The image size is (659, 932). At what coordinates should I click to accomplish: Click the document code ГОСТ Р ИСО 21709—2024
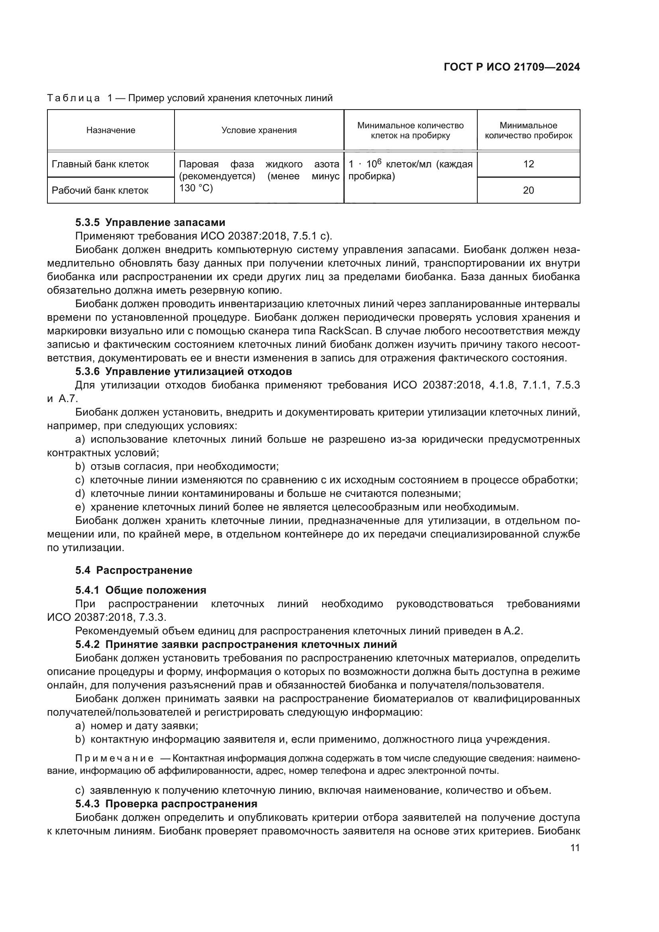coord(512,67)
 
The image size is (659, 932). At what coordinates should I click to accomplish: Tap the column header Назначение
coord(110,130)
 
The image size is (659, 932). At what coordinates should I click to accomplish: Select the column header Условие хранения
coord(259,130)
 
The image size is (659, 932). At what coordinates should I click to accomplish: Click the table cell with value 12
coord(528,164)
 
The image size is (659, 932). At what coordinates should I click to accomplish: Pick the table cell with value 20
coord(528,190)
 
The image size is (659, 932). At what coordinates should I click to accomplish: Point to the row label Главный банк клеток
coord(100,164)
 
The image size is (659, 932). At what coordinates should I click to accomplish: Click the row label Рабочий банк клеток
coord(100,190)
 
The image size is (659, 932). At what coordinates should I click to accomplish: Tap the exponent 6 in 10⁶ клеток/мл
coord(380,161)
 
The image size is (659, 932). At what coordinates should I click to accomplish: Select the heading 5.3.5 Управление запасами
coord(150,222)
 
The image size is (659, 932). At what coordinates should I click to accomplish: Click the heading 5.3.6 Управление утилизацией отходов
coord(183,371)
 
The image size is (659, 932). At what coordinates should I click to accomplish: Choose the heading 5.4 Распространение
coord(133,570)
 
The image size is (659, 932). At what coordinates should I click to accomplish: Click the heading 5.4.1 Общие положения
coord(141,590)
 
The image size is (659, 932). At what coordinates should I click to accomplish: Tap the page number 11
coord(575,848)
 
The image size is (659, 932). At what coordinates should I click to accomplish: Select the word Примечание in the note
coord(114,759)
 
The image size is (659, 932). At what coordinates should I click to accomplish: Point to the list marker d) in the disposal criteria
coord(80,494)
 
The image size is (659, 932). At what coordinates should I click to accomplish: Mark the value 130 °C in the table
coord(196,188)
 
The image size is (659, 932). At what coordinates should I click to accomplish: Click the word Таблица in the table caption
coord(73,98)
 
